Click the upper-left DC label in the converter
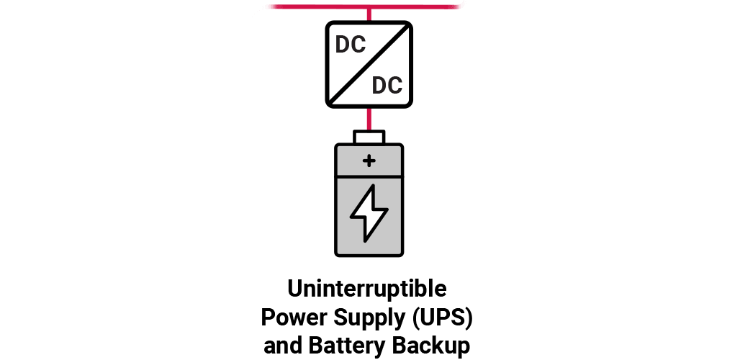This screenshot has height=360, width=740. pyautogui.click(x=351, y=45)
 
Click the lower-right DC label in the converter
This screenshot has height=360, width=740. pyautogui.click(x=387, y=86)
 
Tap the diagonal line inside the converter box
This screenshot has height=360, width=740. pyautogui.click(x=369, y=65)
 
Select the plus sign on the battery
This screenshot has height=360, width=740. pyautogui.click(x=369, y=161)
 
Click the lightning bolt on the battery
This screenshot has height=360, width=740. pyautogui.click(x=369, y=213)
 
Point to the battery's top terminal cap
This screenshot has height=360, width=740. pyautogui.click(x=369, y=137)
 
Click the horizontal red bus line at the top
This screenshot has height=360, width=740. pyautogui.click(x=364, y=6)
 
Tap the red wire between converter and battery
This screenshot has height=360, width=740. pyautogui.click(x=369, y=119)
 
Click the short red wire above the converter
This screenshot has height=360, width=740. pyautogui.click(x=369, y=15)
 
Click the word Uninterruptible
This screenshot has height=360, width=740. pyautogui.click(x=366, y=288)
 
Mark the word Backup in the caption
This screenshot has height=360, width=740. pyautogui.click(x=430, y=346)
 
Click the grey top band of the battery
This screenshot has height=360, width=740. pyautogui.click(x=369, y=161)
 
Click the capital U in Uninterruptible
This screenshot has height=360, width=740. pyautogui.click(x=294, y=288)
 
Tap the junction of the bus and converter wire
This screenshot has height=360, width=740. pyautogui.click(x=369, y=7)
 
